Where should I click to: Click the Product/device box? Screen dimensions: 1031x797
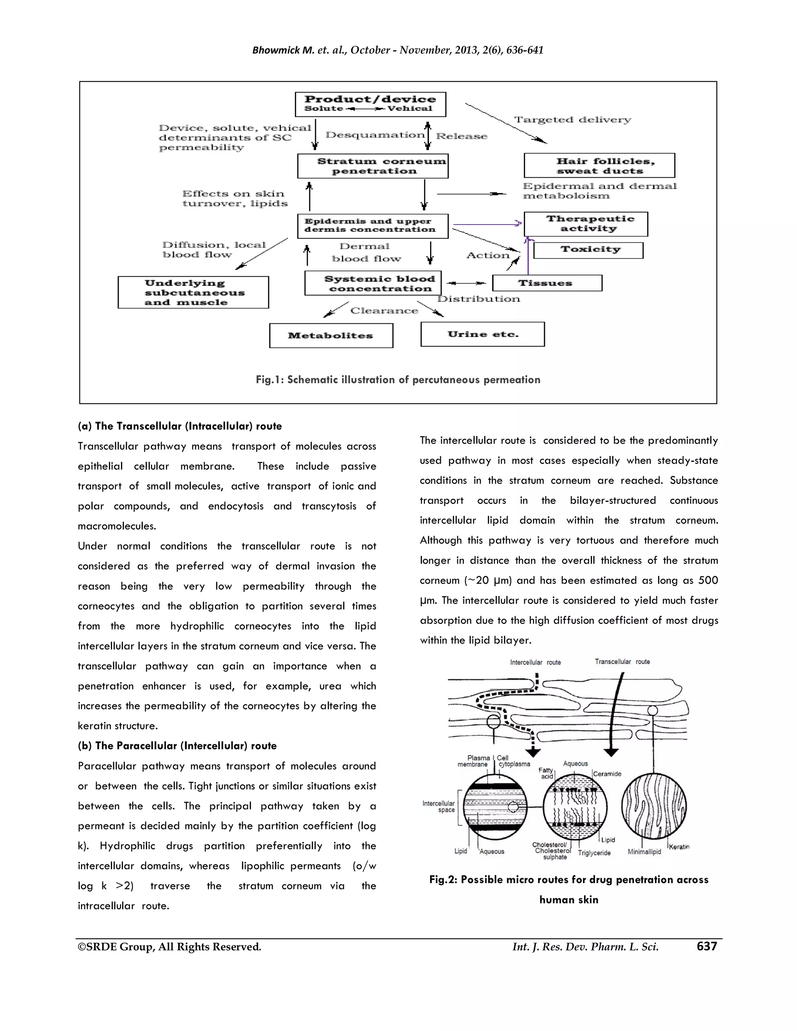point(370,104)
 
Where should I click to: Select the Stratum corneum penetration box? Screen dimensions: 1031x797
point(372,166)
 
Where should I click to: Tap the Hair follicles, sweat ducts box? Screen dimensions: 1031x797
point(599,166)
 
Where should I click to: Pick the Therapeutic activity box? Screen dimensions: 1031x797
point(585,224)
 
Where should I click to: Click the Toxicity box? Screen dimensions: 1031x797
point(588,250)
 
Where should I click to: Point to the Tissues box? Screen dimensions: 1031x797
point(547,283)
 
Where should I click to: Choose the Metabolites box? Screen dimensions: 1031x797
point(331,336)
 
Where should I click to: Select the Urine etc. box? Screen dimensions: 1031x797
point(482,334)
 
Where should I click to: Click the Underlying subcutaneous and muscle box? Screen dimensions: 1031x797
point(193,293)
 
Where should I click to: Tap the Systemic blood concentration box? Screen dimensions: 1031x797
point(373,283)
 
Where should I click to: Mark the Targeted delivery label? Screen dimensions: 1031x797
point(572,120)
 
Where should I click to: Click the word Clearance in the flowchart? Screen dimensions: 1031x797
point(384,310)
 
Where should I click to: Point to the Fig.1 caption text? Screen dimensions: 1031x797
point(398,380)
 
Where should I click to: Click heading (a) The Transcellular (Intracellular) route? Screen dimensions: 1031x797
point(179,426)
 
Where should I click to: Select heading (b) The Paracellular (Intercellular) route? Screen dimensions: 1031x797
point(177,746)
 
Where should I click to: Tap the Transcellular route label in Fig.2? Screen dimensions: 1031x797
point(622,662)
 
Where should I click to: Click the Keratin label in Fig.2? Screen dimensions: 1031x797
point(679,847)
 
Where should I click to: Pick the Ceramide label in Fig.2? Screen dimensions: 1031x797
point(607,774)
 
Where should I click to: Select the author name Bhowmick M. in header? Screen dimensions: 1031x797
point(283,51)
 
